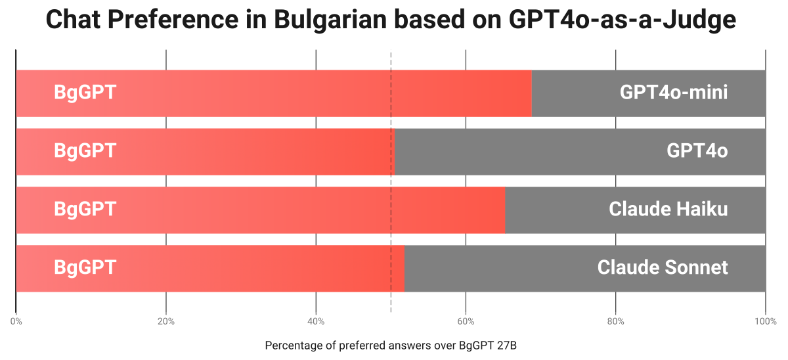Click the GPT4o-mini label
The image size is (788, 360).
(673, 93)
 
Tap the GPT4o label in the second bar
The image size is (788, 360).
(697, 151)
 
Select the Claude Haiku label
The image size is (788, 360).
(668, 210)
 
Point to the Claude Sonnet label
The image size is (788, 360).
(662, 268)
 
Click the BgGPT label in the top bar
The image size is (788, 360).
(85, 93)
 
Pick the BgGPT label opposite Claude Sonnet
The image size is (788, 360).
(85, 268)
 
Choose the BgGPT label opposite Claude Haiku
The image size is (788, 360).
(85, 210)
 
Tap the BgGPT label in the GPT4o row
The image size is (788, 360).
(85, 151)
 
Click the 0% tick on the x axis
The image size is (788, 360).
(16, 321)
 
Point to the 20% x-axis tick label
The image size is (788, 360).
(166, 321)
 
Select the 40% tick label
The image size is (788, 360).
(316, 321)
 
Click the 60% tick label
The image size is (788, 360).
(466, 321)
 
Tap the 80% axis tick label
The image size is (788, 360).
(615, 321)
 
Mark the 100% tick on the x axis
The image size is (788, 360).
(764, 321)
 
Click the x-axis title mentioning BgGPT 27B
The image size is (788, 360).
(391, 346)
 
